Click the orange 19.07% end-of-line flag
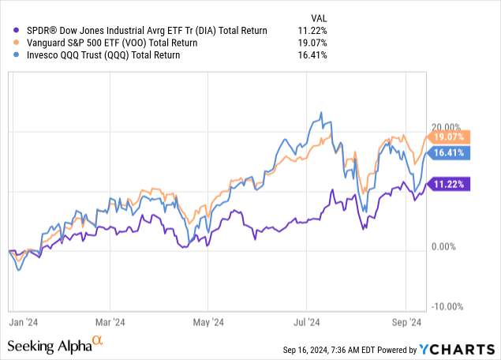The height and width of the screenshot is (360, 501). [449, 136]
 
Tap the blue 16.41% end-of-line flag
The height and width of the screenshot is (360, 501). [449, 152]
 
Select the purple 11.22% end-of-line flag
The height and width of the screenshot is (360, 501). [449, 184]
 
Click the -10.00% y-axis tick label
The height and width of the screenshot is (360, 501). [447, 306]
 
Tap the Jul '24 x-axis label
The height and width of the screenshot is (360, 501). [305, 321]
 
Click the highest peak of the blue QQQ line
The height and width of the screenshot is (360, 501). [321, 113]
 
